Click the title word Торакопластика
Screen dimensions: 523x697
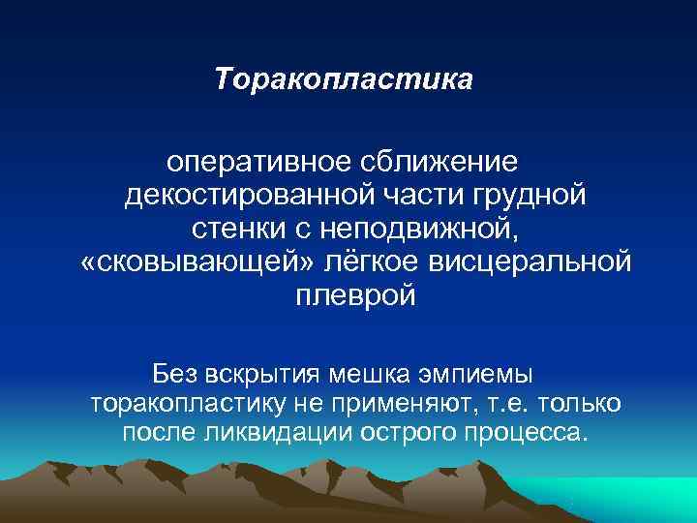[344, 77]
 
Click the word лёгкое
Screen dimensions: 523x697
[337, 262]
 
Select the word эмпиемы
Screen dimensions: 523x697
[483, 373]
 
